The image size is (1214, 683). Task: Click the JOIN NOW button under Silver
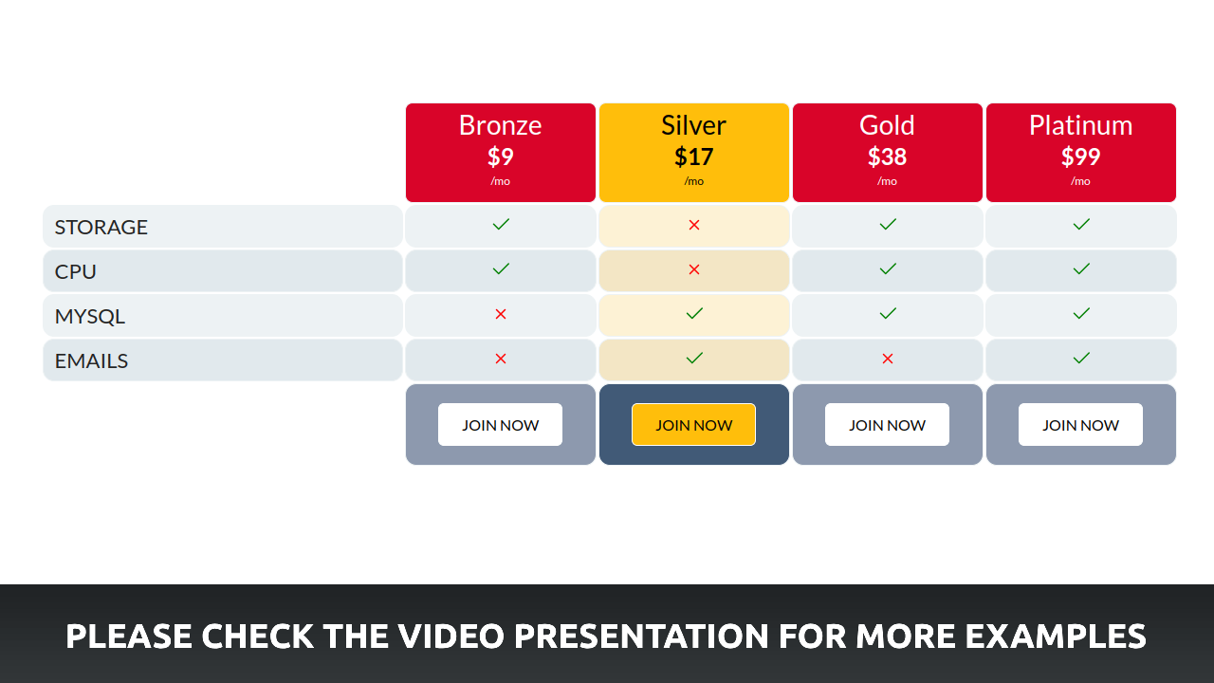click(x=693, y=424)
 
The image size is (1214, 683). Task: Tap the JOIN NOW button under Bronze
click(x=500, y=424)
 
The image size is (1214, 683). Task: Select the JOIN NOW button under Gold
click(x=887, y=424)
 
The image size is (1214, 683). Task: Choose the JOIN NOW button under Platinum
click(x=1080, y=424)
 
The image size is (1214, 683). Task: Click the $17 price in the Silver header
click(x=693, y=157)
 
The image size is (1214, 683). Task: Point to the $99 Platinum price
click(x=1080, y=157)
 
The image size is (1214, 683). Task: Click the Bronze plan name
click(x=500, y=125)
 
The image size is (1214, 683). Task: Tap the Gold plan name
click(x=887, y=125)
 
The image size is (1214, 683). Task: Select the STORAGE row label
click(x=101, y=227)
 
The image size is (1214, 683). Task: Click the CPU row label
click(x=75, y=271)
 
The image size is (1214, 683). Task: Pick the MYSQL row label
click(x=90, y=316)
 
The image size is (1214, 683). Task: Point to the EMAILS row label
click(x=92, y=361)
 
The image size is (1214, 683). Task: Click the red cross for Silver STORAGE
click(x=694, y=225)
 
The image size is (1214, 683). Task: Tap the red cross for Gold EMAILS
click(x=888, y=359)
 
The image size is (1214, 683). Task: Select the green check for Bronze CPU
click(x=501, y=268)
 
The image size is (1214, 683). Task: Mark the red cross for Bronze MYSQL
click(x=501, y=314)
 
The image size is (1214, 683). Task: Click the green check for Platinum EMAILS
click(x=1081, y=358)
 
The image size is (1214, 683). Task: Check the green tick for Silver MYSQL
click(x=694, y=313)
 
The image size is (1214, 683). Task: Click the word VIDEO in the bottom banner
click(x=451, y=636)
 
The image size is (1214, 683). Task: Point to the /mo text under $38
click(x=887, y=181)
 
